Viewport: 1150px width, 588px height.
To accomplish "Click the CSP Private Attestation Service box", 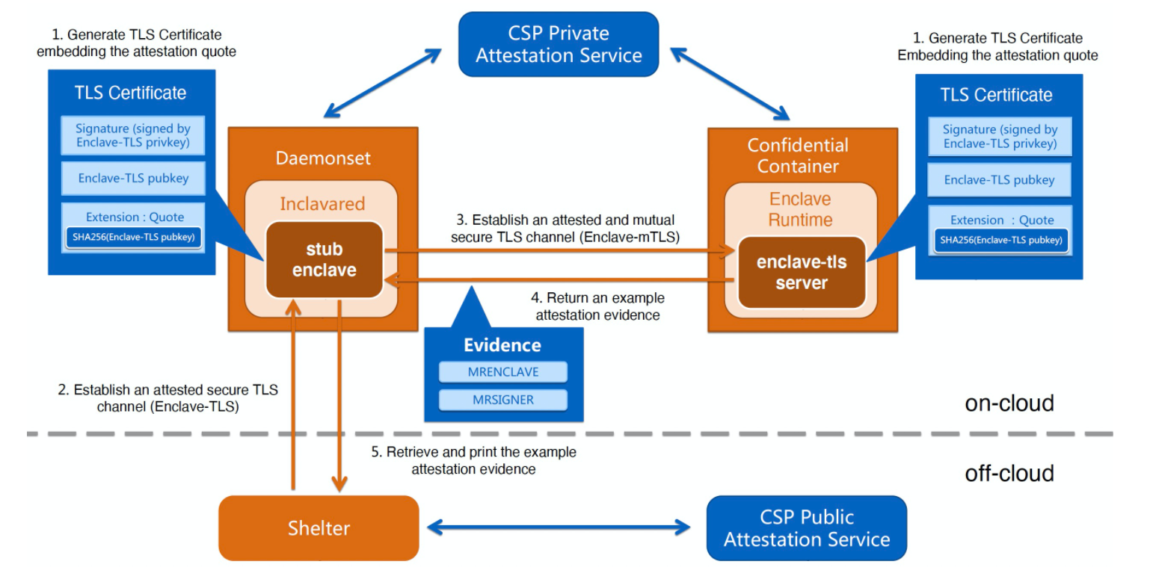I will point(558,44).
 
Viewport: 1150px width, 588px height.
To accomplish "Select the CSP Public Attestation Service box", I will point(806,528).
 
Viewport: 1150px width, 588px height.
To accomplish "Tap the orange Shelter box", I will point(319,528).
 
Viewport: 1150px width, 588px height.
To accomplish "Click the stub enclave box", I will point(324,260).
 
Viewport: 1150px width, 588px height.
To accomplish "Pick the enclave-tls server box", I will point(801,273).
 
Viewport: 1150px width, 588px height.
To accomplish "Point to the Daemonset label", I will point(323,158).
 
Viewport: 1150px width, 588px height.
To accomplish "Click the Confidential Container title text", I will point(798,155).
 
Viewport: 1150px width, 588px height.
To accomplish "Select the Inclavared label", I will point(322,204).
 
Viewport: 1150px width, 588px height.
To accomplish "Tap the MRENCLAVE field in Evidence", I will point(502,372).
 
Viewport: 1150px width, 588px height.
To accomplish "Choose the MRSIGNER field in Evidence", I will point(502,400).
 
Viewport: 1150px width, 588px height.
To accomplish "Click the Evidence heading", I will point(502,345).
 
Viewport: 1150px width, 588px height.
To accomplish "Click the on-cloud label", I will point(1009,403).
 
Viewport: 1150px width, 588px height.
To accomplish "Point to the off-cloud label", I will point(1009,474).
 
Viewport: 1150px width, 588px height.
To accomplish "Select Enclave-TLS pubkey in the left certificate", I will point(133,179).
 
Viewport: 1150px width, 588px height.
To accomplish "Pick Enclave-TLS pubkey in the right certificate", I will point(999,180).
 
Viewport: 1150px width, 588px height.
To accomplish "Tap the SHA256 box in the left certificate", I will point(133,237).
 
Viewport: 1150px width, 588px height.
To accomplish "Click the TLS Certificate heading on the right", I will point(996,95).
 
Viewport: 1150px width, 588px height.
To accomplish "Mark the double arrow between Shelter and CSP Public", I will point(558,528).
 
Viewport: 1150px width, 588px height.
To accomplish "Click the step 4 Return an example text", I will point(597,306).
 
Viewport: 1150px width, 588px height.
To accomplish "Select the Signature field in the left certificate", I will point(133,135).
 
